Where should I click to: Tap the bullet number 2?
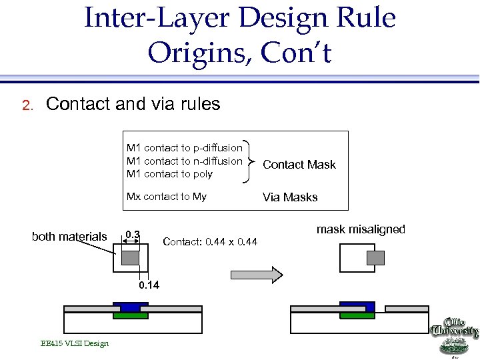pyautogui.click(x=27, y=105)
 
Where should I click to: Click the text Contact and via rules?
pyautogui.click(x=133, y=104)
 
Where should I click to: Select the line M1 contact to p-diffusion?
pyautogui.click(x=185, y=148)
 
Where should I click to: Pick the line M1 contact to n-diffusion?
pyautogui.click(x=185, y=161)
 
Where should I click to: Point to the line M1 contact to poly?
pyautogui.click(x=169, y=174)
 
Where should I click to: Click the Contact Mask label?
pyautogui.click(x=299, y=165)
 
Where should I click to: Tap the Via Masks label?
pyautogui.click(x=290, y=197)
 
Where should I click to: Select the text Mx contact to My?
pyautogui.click(x=167, y=197)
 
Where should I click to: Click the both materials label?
pyautogui.click(x=69, y=237)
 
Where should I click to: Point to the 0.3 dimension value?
pyautogui.click(x=133, y=234)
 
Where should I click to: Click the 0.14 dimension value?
pyautogui.click(x=150, y=285)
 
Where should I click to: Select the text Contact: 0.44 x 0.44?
pyautogui.click(x=209, y=241)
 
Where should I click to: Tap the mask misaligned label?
pyautogui.click(x=361, y=229)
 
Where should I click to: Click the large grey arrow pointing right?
pyautogui.click(x=257, y=274)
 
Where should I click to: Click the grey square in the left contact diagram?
pyautogui.click(x=131, y=257)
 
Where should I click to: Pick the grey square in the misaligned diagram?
pyautogui.click(x=377, y=257)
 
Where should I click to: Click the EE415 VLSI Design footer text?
pyautogui.click(x=75, y=343)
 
